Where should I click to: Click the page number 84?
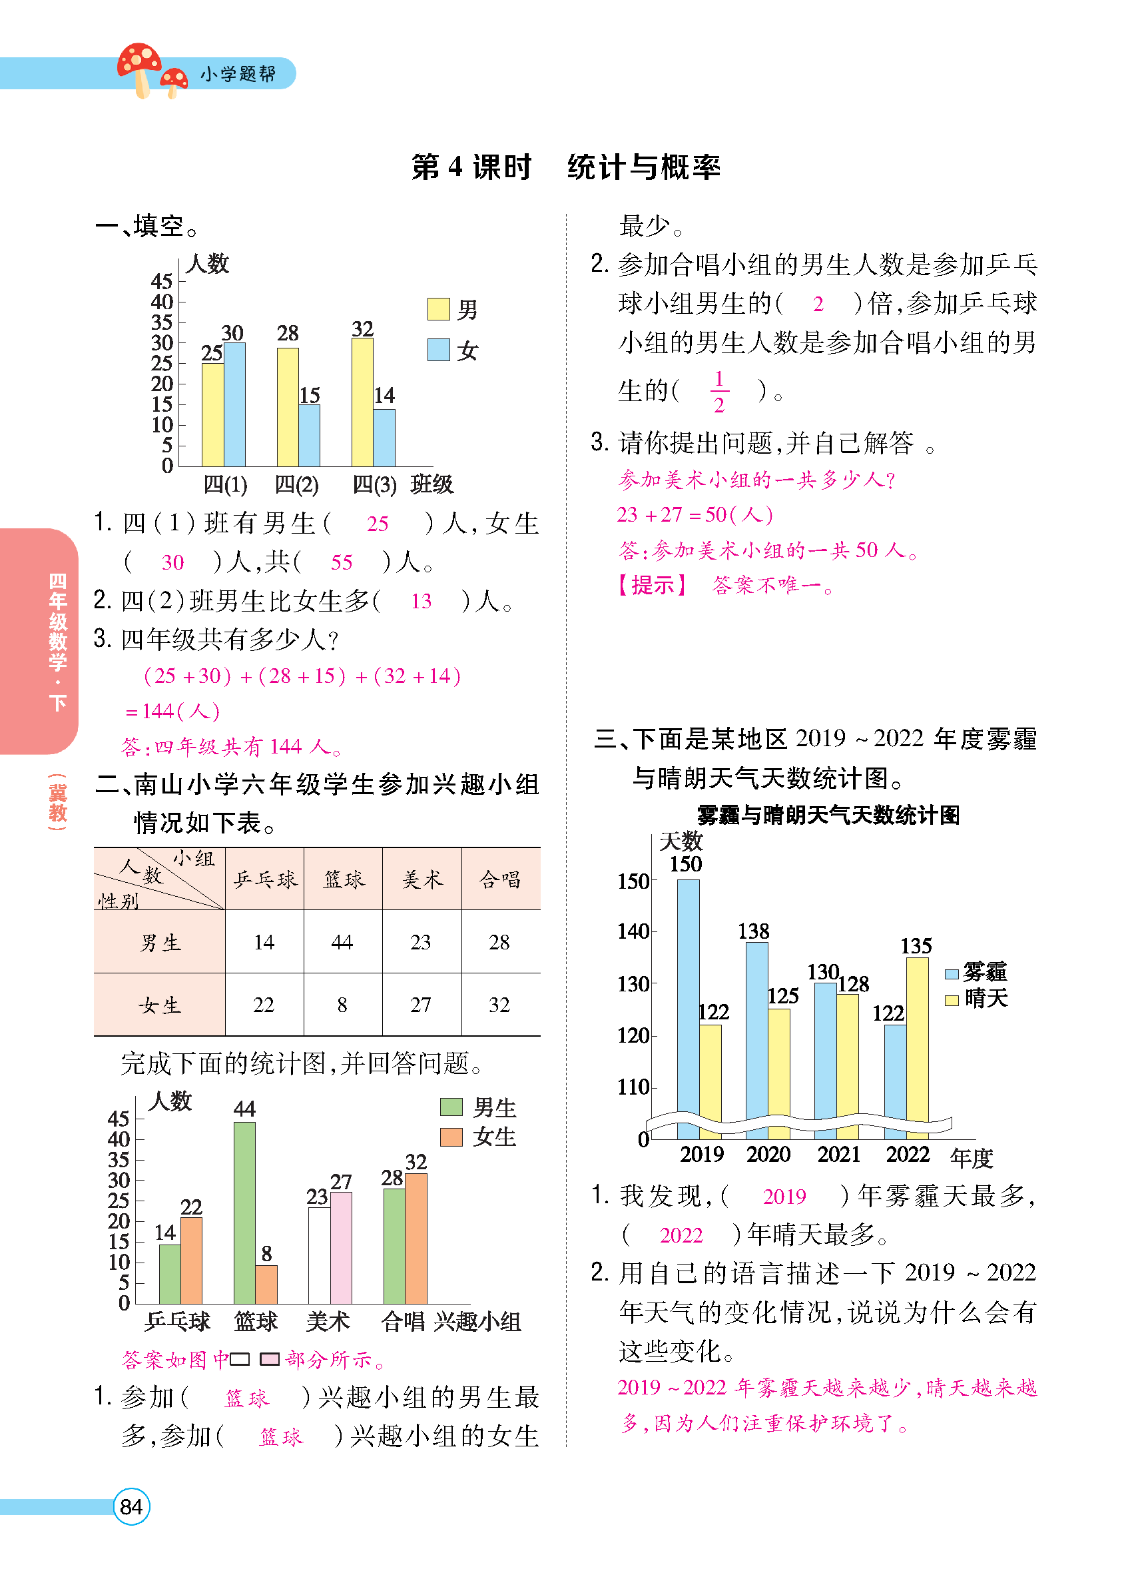[131, 1506]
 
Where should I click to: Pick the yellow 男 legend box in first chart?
[438, 309]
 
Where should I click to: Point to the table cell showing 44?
[342, 941]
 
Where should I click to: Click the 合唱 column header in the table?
[499, 880]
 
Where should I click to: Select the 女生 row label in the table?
[160, 1005]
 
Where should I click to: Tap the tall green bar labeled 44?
[244, 1213]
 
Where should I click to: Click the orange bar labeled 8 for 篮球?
[266, 1284]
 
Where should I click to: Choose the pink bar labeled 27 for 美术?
[341, 1248]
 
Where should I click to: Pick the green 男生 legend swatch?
[451, 1107]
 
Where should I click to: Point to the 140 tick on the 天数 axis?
[633, 931]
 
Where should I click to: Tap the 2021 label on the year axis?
[838, 1154]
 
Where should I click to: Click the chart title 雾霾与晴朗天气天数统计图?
[828, 815]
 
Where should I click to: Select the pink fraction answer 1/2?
[719, 392]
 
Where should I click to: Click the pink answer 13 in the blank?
[421, 602]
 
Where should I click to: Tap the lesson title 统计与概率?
[643, 167]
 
